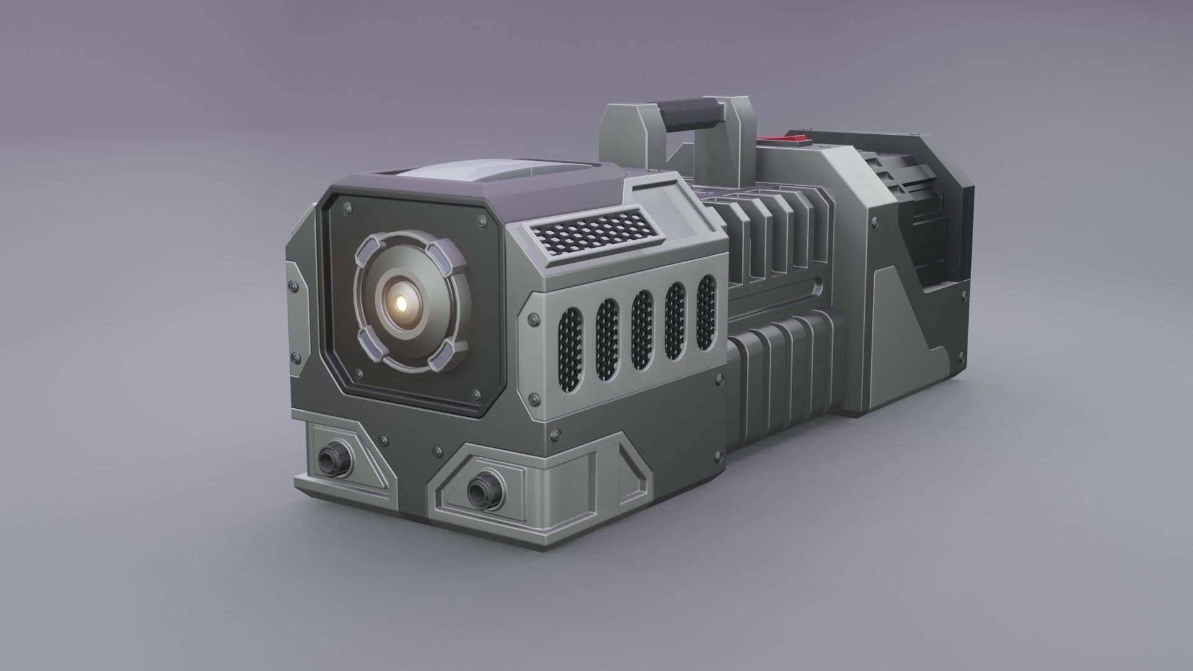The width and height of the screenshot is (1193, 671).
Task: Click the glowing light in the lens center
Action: pyautogui.click(x=402, y=303)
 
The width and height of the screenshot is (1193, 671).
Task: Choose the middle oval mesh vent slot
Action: pyautogui.click(x=642, y=326)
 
